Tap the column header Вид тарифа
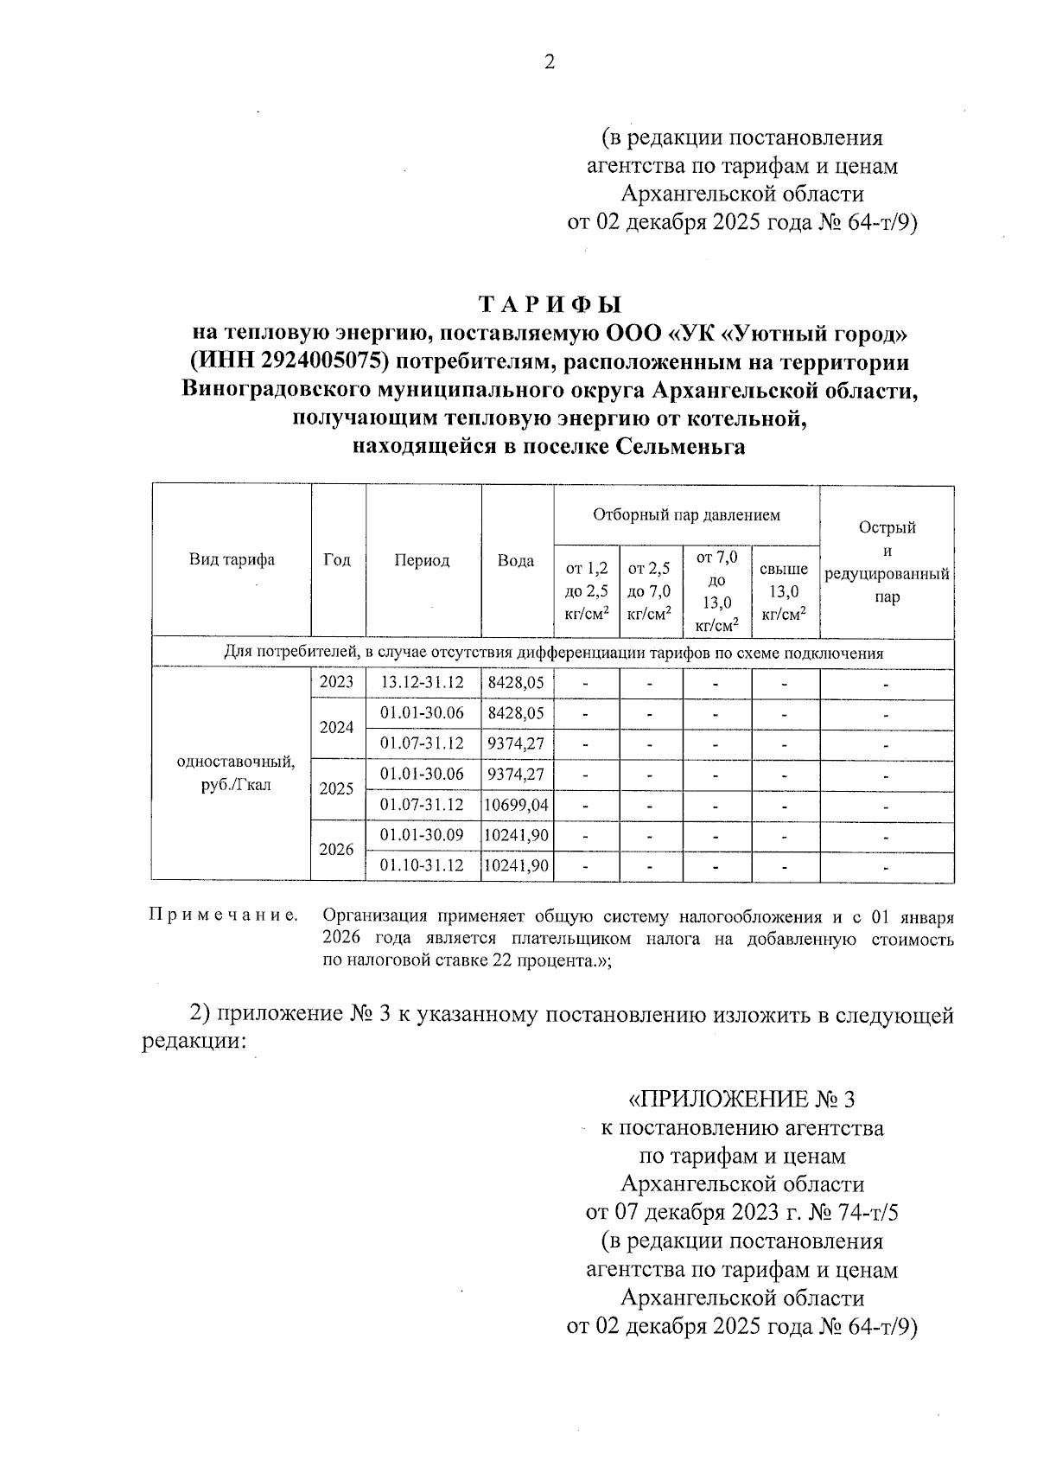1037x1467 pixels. (x=232, y=560)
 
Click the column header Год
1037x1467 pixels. (x=337, y=560)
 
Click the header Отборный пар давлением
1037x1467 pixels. (x=686, y=515)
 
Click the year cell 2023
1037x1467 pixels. (x=337, y=682)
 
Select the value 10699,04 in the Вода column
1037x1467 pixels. (x=517, y=806)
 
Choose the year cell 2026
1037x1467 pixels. (x=337, y=850)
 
